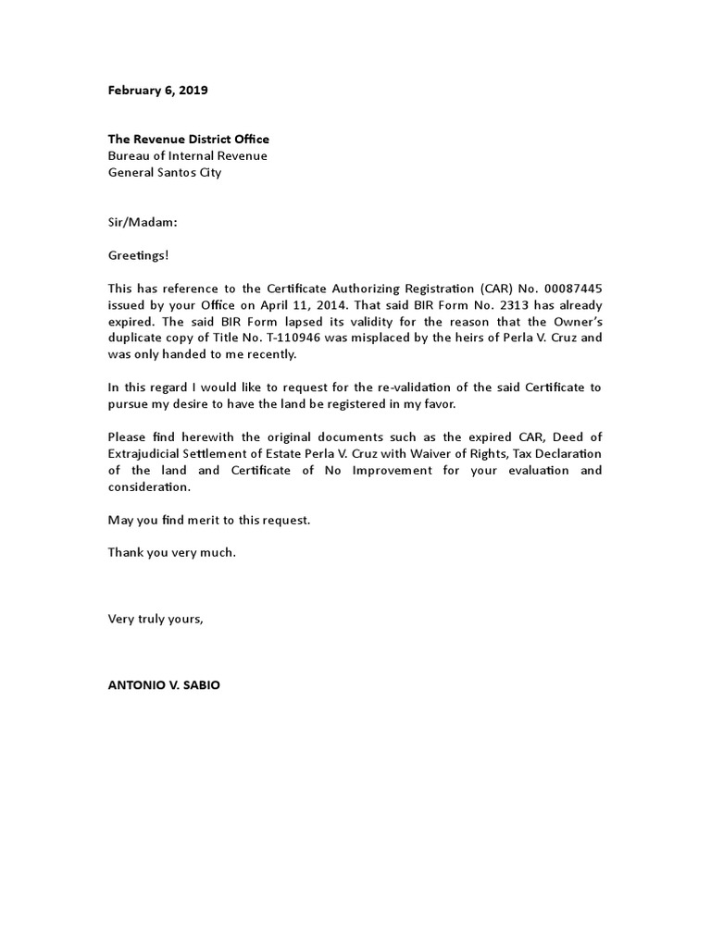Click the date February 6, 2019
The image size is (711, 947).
157,91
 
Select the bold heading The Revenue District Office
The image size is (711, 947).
188,139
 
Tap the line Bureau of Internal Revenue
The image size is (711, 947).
187,155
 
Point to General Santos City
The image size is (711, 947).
165,172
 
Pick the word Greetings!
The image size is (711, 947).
138,254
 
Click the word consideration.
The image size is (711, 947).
147,486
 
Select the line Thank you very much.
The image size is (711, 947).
172,552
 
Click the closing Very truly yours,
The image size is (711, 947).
155,619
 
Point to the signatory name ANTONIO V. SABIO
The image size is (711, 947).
164,685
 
